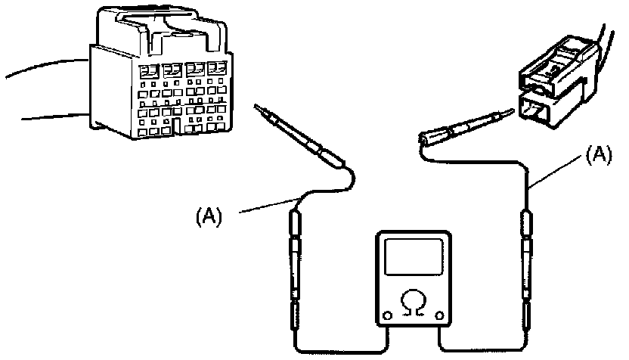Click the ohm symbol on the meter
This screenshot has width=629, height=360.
tap(413, 304)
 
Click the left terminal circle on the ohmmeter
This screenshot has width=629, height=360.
tap(388, 315)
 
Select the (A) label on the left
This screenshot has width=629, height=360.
tap(209, 216)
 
